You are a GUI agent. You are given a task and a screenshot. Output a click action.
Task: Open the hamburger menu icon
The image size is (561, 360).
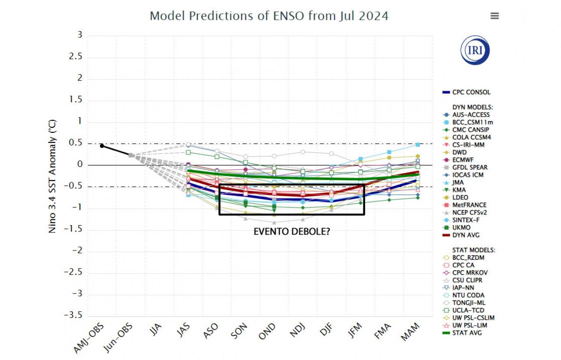pyautogui.click(x=494, y=16)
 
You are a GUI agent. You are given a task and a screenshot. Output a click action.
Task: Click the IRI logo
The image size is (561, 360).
pyautogui.click(x=475, y=50)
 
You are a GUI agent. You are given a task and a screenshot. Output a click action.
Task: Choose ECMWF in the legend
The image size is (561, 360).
pyautogui.click(x=464, y=160)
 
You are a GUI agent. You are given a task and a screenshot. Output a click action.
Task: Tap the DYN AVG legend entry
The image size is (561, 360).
pyautogui.click(x=465, y=235)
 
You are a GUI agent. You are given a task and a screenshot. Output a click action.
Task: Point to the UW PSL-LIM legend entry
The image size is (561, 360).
pyautogui.click(x=469, y=325)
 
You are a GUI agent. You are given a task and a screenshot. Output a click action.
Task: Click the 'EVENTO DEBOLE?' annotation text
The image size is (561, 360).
pyautogui.click(x=292, y=232)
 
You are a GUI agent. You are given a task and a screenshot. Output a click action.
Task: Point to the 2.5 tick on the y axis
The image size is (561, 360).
pyautogui.click(x=77, y=57)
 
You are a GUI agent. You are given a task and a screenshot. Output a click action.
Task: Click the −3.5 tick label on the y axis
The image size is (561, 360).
pyautogui.click(x=73, y=315)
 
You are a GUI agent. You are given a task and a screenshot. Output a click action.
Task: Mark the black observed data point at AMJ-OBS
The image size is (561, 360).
pyautogui.click(x=102, y=146)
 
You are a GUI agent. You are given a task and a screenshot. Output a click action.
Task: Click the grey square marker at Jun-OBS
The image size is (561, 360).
pyautogui.click(x=131, y=155)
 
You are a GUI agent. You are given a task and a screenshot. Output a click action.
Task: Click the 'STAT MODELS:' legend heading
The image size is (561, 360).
pyautogui.click(x=473, y=250)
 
